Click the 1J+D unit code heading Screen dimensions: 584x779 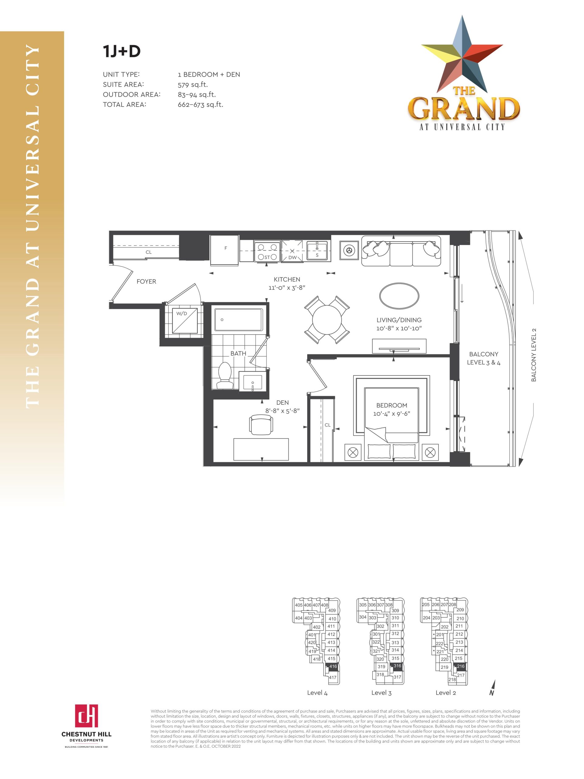pos(121,51)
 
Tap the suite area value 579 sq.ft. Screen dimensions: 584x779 pos(193,85)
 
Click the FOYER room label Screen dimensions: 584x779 pos(146,281)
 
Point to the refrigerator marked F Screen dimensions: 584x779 pos(224,250)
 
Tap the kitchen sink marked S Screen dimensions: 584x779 pos(317,251)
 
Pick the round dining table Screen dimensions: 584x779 pos(327,320)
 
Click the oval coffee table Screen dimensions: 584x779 pos(399,295)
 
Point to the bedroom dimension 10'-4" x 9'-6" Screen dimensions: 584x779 pos(391,414)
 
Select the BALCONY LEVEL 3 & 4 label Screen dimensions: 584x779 pos(483,358)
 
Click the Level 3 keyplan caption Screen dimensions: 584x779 pos(381,693)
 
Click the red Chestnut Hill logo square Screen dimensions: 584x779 pos(86,716)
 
